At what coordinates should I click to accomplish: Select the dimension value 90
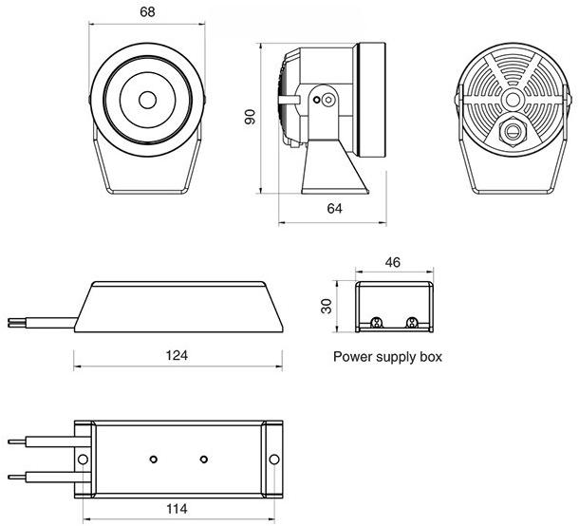[251, 117]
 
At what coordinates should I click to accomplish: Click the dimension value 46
[392, 260]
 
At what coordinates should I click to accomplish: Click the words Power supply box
[387, 358]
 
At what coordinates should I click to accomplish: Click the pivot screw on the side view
[327, 99]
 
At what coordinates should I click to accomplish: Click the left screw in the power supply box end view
[377, 322]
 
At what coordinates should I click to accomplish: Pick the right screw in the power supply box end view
[411, 322]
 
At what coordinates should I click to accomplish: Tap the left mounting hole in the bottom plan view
[84, 459]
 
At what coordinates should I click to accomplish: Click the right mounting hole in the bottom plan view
[274, 459]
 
